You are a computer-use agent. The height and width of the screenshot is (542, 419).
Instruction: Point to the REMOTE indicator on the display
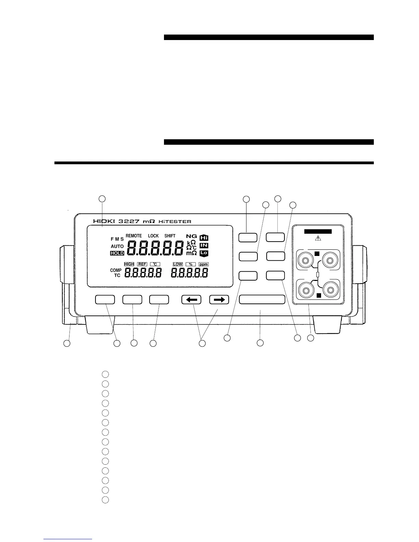[x=134, y=236]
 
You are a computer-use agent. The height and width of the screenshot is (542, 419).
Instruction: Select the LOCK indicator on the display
[x=153, y=236]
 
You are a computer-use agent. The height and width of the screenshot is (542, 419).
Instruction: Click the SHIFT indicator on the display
[x=170, y=236]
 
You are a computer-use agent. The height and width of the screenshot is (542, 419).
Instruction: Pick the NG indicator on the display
[x=192, y=236]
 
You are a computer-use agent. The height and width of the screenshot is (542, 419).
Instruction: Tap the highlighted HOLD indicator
[x=117, y=254]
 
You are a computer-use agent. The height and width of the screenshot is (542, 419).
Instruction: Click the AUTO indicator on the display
[x=117, y=246]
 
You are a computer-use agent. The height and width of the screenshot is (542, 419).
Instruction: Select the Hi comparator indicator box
[x=204, y=237]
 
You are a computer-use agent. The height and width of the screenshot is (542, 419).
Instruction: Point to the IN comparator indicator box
[x=204, y=245]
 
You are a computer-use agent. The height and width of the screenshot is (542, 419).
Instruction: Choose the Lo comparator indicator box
[x=204, y=253]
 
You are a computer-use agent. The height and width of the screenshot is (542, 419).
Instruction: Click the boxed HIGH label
[x=129, y=264]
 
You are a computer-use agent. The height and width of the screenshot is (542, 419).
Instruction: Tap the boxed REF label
[x=142, y=264]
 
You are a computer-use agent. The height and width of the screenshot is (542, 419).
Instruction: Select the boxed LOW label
[x=178, y=264]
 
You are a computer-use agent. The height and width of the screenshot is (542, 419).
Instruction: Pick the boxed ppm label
[x=203, y=264]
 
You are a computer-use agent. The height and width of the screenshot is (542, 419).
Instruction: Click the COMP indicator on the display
[x=116, y=270]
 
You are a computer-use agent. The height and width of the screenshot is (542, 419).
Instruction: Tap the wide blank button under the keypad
[x=262, y=299]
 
